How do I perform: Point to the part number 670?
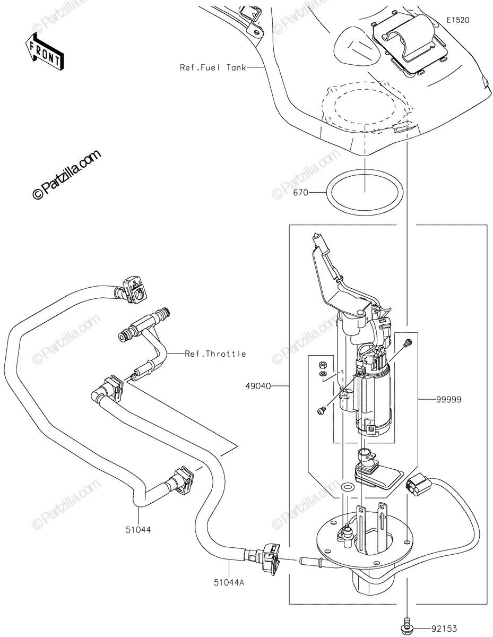tap(300, 193)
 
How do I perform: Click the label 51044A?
tap(229, 582)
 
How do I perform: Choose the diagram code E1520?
tap(457, 20)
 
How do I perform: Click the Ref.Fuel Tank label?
tap(213, 67)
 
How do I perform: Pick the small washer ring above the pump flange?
tap(348, 487)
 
